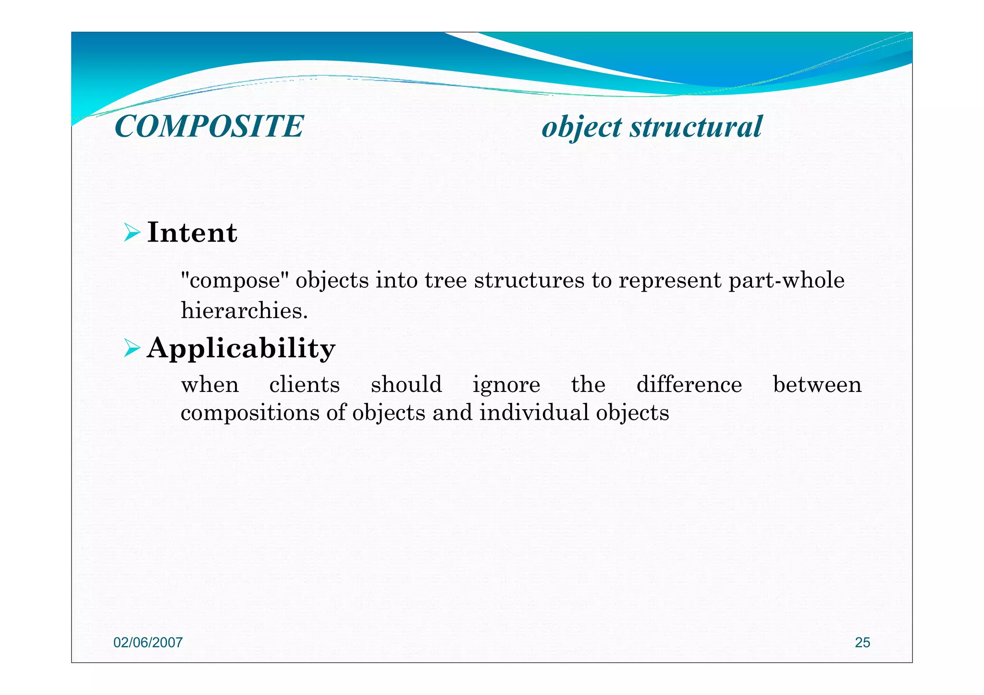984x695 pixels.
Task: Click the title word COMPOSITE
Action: pyautogui.click(x=209, y=127)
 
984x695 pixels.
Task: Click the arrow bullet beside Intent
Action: pyautogui.click(x=132, y=232)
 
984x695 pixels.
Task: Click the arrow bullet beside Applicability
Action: pyautogui.click(x=132, y=348)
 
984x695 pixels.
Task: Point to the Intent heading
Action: pyautogui.click(x=192, y=232)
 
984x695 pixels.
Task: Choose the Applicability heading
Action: pyautogui.click(x=241, y=349)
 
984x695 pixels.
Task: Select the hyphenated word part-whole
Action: pyautogui.click(x=786, y=280)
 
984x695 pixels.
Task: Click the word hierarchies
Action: pyautogui.click(x=244, y=311)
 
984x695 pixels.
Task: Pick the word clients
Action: pyautogui.click(x=304, y=385)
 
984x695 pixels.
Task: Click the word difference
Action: pyautogui.click(x=689, y=385)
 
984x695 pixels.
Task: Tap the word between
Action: pyautogui.click(x=817, y=385)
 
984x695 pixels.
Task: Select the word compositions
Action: pyautogui.click(x=249, y=413)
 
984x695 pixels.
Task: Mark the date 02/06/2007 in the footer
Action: pyautogui.click(x=148, y=643)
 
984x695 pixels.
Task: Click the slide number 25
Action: pyautogui.click(x=862, y=643)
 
